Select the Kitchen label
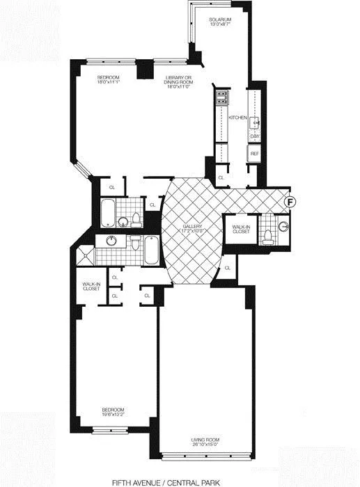pyautogui.click(x=237, y=118)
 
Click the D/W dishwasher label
pyautogui.click(x=255, y=136)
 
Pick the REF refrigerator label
pyautogui.click(x=255, y=153)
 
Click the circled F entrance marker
pyautogui.click(x=291, y=201)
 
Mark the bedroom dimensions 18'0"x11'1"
pyautogui.click(x=109, y=81)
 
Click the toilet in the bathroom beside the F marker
pyautogui.click(x=267, y=237)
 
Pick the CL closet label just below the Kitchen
pyautogui.click(x=221, y=178)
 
